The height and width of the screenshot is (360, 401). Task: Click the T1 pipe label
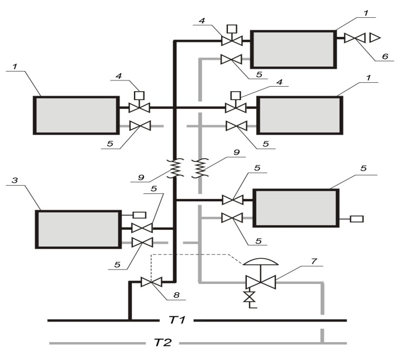177,320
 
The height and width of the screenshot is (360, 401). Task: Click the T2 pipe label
163,342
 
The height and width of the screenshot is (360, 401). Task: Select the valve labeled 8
151,282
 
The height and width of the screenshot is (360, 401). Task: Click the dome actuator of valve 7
260,262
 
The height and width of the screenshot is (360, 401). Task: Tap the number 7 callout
314,261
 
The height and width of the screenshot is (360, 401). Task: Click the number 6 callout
385,56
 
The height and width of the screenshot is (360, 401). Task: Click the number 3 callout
15,180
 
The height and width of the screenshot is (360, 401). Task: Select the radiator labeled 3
78,229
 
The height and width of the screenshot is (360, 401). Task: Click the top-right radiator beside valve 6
293,49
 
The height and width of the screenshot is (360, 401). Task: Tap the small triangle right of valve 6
375,38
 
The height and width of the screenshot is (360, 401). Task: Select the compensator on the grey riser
200,169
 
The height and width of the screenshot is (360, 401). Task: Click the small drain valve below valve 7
249,296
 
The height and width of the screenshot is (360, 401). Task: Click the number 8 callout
176,295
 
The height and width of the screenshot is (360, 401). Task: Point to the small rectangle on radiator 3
140,215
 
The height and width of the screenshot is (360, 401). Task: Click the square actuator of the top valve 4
232,29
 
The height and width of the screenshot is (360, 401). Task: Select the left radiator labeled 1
76,115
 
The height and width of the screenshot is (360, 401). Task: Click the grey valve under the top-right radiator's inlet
231,59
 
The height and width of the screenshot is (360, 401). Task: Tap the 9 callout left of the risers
141,177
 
